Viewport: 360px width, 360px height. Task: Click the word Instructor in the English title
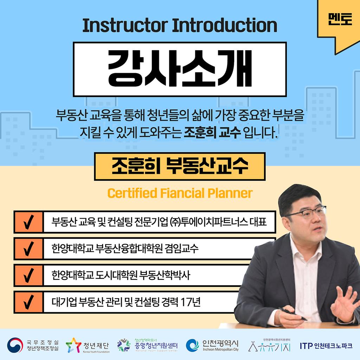(x=125, y=25)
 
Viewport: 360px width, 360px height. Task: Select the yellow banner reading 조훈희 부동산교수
(x=180, y=166)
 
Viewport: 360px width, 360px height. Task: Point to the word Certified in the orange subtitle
(x=132, y=193)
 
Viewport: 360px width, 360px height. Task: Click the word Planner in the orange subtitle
(x=230, y=193)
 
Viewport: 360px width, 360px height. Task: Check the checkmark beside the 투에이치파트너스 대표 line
(x=28, y=222)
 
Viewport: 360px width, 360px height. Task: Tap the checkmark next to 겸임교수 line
(x=28, y=249)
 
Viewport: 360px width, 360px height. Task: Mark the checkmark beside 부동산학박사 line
(x=28, y=275)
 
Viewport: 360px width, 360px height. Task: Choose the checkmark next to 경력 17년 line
(x=28, y=302)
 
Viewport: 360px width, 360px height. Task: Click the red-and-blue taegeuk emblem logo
(x=15, y=345)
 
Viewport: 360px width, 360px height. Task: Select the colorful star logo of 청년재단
(x=73, y=345)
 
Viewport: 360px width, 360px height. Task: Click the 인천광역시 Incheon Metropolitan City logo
(x=212, y=345)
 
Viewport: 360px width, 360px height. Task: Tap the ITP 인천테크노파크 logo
(x=326, y=346)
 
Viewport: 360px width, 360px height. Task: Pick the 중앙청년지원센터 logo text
(x=156, y=346)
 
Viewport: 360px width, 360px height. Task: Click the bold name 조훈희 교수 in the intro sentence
(x=212, y=133)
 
